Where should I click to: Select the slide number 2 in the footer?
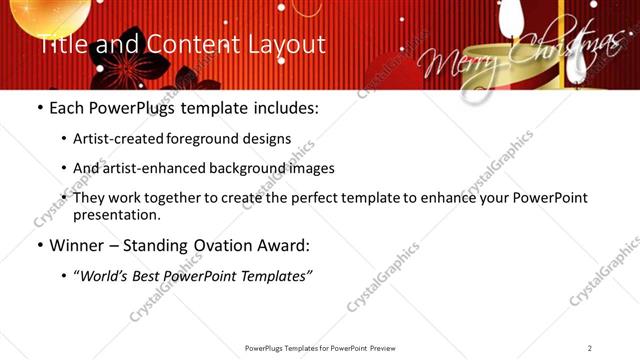point(590,347)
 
